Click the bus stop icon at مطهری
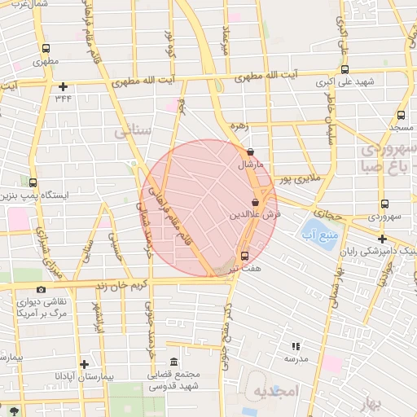(x=45, y=49)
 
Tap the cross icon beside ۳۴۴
(x=63, y=86)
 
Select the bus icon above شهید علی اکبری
(x=344, y=70)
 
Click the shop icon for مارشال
(x=250, y=151)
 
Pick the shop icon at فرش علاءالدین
(x=255, y=202)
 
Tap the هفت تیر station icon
(x=245, y=256)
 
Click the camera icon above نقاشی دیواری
(x=42, y=289)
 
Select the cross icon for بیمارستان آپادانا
(x=83, y=363)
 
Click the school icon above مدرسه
(x=295, y=346)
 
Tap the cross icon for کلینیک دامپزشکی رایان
(x=382, y=239)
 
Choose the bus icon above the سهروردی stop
(x=383, y=204)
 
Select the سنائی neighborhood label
(x=131, y=131)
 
